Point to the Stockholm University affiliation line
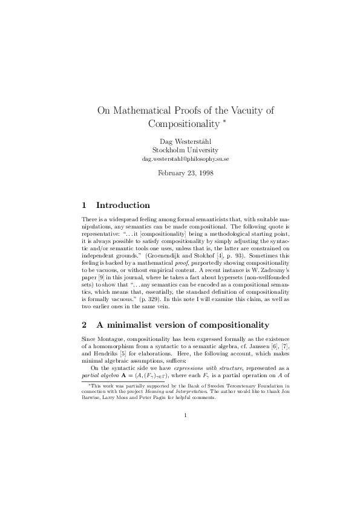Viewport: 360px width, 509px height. click(180, 150)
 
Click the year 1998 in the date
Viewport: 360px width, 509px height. click(204, 172)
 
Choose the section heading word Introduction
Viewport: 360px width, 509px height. click(123, 206)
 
